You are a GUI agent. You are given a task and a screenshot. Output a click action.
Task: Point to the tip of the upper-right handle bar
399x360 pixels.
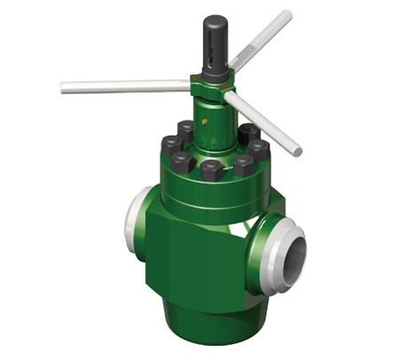[x=287, y=15]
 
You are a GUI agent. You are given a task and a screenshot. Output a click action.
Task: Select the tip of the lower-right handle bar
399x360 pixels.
[x=297, y=152]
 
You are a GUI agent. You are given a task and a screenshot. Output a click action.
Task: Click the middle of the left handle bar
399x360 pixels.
[x=124, y=86]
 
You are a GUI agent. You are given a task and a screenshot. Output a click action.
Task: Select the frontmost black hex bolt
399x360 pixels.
[x=212, y=168]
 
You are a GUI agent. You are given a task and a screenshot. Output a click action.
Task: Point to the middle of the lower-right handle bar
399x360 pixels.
[x=264, y=123]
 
